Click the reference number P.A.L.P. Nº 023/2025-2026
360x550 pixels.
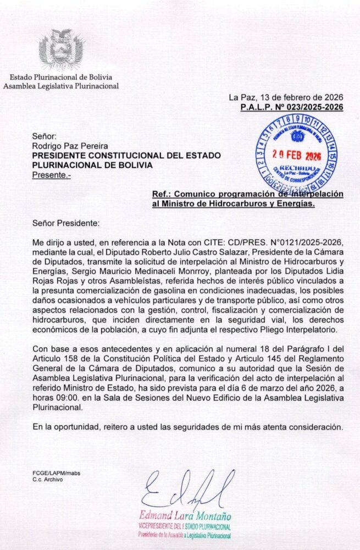click(x=292, y=108)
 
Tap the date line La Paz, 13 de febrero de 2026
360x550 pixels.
click(x=286, y=98)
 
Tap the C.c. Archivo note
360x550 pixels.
click(x=47, y=480)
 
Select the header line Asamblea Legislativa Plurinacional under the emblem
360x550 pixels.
click(x=61, y=86)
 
